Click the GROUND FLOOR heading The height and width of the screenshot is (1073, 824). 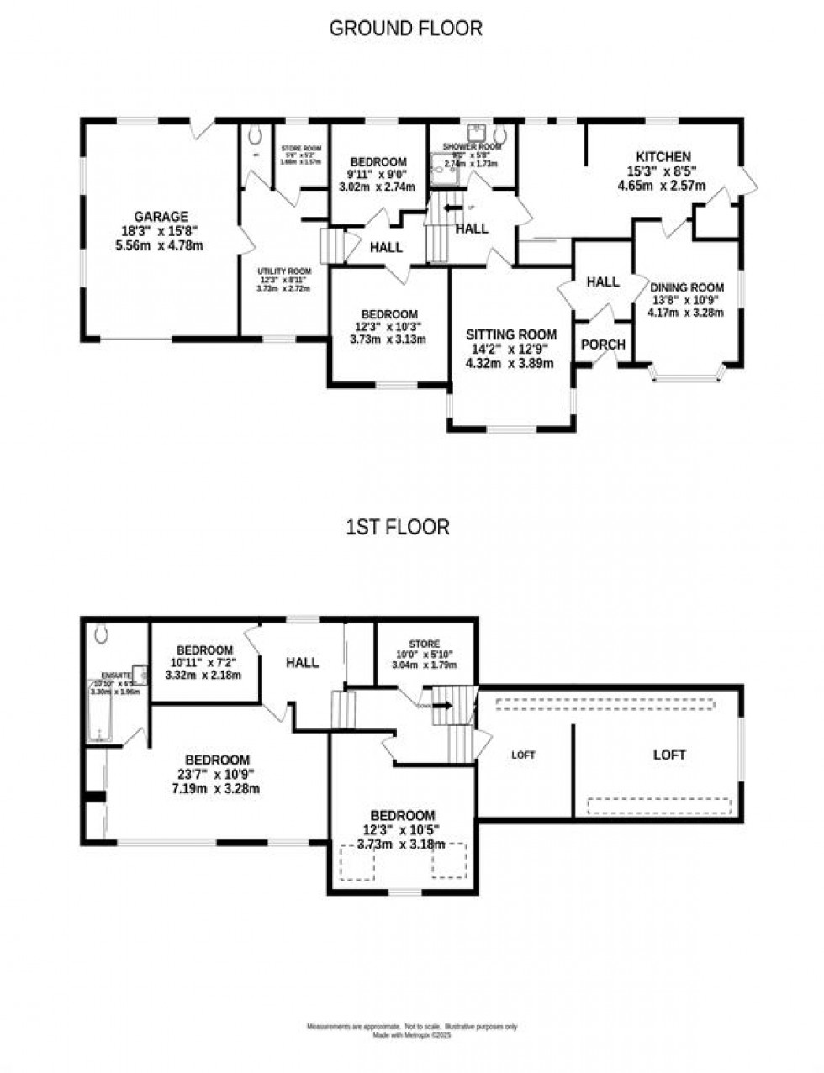pos(405,29)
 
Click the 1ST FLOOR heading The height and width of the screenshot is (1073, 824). pos(398,527)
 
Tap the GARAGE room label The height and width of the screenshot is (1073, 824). pos(161,216)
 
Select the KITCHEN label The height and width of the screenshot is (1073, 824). pos(663,157)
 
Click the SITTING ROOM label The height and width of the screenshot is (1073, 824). pos(510,334)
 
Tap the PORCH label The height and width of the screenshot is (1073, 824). pos(603,345)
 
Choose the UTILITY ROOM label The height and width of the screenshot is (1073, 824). pos(284,271)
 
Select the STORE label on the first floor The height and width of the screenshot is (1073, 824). pos(425,644)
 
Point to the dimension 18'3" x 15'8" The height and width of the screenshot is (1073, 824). pos(161,231)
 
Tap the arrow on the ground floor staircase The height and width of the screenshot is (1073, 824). pos(452,208)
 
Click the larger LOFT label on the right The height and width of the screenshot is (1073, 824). pos(669,755)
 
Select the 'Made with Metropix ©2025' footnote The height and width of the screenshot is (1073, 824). pos(412,1036)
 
